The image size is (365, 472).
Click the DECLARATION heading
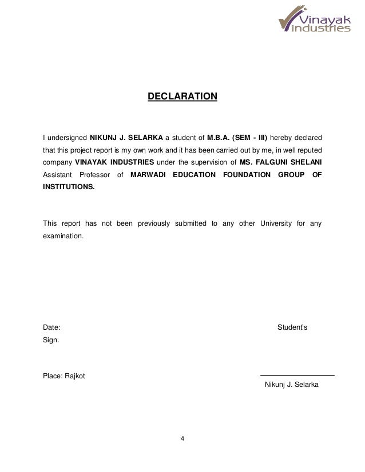tap(182, 96)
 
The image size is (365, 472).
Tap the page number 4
tap(182, 439)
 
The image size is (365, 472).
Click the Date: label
tap(51, 327)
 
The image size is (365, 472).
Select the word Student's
tap(292, 327)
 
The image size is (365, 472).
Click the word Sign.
tap(51, 339)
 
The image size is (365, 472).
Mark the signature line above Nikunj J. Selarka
tap(297, 375)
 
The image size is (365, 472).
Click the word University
tap(276, 222)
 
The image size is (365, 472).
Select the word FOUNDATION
tap(244, 174)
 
